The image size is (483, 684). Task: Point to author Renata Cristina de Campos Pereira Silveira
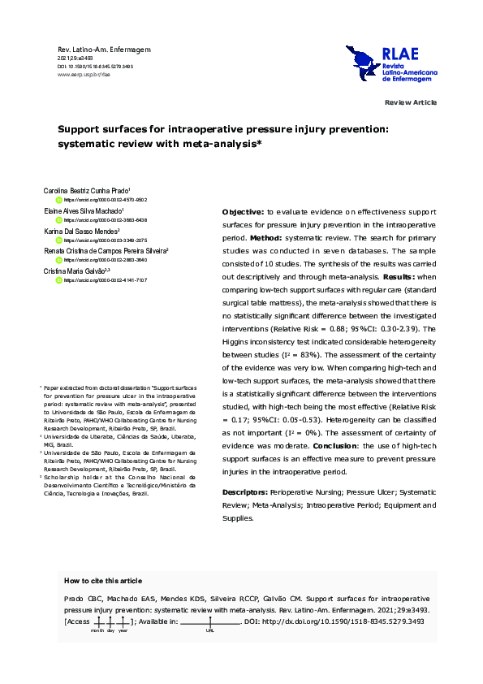[x=105, y=251]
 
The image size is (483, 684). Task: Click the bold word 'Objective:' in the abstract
[x=242, y=210]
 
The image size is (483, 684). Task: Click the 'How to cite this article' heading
[x=102, y=581]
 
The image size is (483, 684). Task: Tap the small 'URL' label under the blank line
[x=210, y=630]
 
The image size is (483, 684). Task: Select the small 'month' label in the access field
[x=97, y=630]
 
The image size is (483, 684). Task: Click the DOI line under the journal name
[x=95, y=66]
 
